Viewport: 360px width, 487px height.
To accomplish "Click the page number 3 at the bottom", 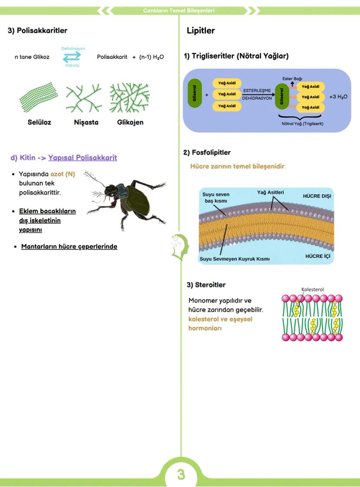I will pos(180,474).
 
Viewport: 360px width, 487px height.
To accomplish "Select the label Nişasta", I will pos(86,122).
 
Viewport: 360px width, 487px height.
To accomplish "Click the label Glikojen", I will pos(130,122).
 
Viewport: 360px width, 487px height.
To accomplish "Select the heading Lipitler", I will pos(200,31).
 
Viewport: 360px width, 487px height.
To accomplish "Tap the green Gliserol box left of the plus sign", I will pos(194,94).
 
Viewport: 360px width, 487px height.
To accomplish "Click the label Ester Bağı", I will pos(292,78).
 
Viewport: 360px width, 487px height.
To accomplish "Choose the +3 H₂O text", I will pos(338,96).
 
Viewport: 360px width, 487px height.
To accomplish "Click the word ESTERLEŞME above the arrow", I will pos(257,91).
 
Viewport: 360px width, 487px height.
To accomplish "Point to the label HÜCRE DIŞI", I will pos(317,196).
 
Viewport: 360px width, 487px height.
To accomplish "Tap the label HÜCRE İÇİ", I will pos(317,256).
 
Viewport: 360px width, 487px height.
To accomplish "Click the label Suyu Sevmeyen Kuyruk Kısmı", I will pos(235,259).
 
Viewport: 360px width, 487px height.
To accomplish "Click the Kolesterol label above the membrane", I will pos(313,289).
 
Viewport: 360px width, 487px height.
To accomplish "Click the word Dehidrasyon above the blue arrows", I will pos(73,48).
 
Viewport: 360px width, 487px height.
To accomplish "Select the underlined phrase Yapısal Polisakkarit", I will pos(83,158).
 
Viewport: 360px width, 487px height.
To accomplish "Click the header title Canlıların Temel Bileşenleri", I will pos(178,10).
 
